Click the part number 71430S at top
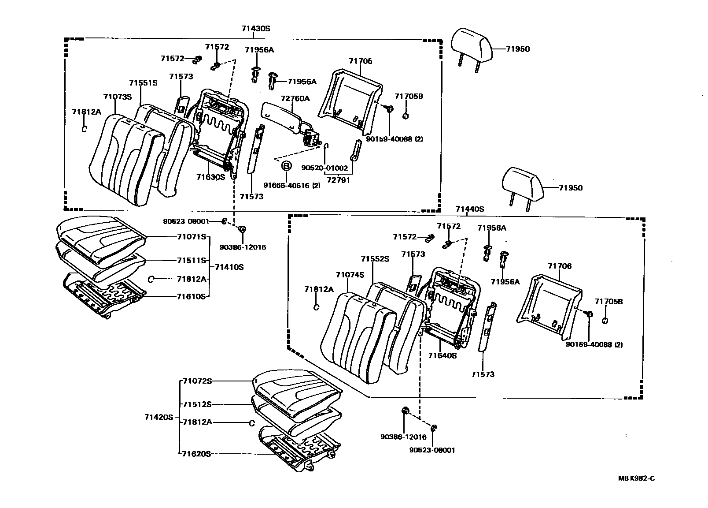point(255,29)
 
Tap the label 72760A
point(295,98)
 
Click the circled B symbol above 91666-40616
point(286,166)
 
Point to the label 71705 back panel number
point(360,61)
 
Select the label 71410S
point(229,267)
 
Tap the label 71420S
point(159,417)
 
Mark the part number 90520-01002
point(324,168)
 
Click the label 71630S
point(210,177)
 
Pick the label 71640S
point(442,355)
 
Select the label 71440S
point(469,209)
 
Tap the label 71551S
point(143,83)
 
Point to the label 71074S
point(350,275)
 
